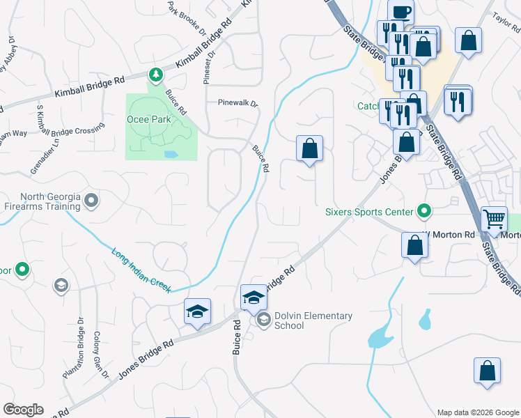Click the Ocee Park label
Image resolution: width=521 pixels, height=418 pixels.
[x=145, y=119]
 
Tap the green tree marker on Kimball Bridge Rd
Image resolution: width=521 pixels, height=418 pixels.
[x=156, y=74]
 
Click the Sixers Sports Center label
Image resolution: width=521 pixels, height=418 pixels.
[x=368, y=210]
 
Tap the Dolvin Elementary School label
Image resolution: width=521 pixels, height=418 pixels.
[x=313, y=320]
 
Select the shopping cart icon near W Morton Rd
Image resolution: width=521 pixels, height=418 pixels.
[x=495, y=219]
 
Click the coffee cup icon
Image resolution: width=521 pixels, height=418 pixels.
[x=401, y=12]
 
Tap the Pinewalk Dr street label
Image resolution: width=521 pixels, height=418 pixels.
[x=238, y=102]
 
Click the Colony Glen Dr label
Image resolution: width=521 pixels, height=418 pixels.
[x=101, y=355]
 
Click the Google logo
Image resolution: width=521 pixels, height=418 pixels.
[x=23, y=410]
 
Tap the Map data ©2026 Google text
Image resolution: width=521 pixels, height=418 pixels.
[x=477, y=412]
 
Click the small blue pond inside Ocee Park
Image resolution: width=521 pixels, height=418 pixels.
[x=170, y=153]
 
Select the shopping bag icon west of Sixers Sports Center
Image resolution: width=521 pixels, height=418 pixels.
[x=309, y=149]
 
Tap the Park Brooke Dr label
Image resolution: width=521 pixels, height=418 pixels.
[x=186, y=17]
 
